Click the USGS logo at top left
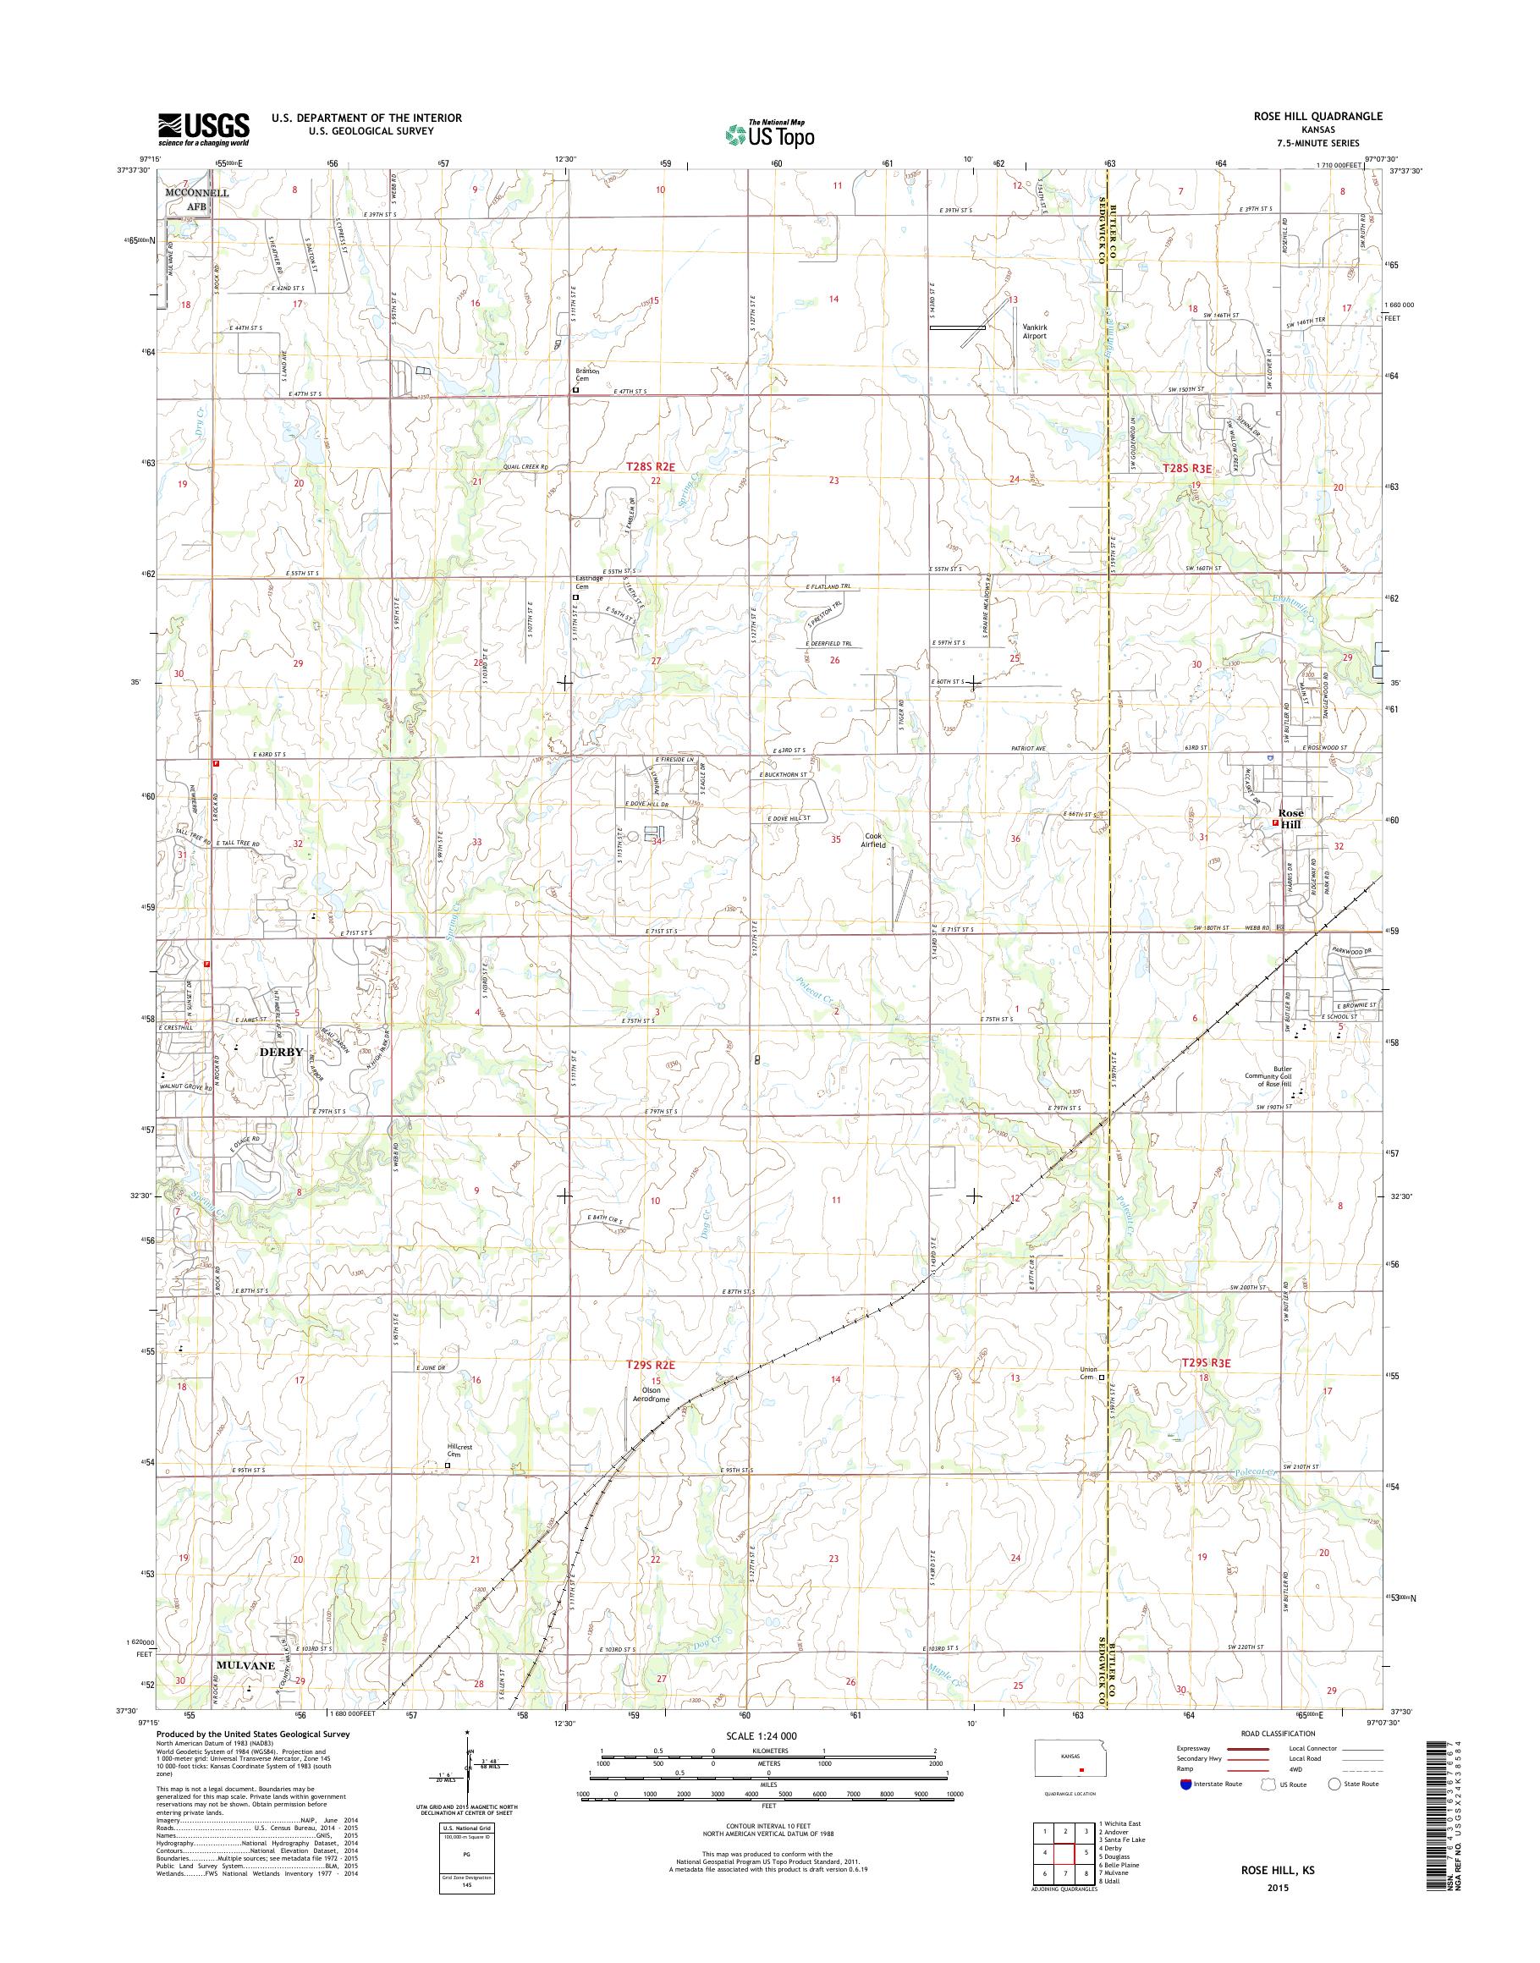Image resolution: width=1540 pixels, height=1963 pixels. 204,129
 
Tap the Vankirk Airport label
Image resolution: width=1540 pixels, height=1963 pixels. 1033,331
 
